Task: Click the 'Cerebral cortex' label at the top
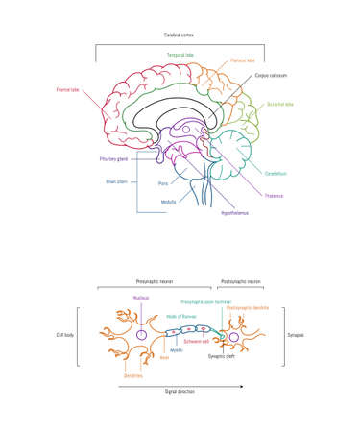180,35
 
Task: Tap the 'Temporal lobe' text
180,56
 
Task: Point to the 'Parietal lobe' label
243,60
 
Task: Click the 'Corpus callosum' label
272,74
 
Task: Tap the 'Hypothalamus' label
236,211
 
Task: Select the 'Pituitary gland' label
113,158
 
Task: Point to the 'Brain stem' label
116,180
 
